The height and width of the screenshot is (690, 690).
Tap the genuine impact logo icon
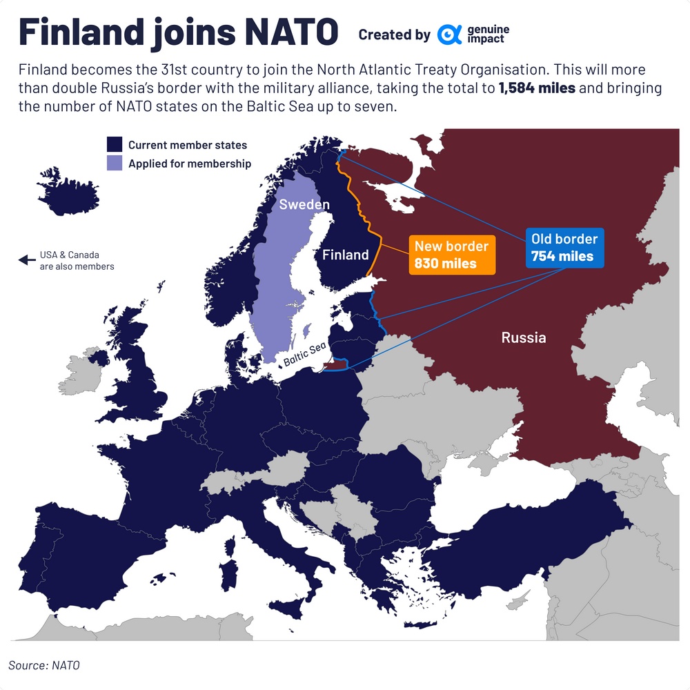pyautogui.click(x=449, y=34)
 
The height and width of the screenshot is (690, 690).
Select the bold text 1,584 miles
pyautogui.click(x=537, y=90)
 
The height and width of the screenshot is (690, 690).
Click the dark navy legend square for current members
pyautogui.click(x=114, y=145)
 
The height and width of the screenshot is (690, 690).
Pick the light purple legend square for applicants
pyautogui.click(x=114, y=164)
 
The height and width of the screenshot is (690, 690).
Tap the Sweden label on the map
pyautogui.click(x=304, y=205)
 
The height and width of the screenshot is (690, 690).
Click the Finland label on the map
pyautogui.click(x=346, y=255)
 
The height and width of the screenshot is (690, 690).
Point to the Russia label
pyautogui.click(x=524, y=337)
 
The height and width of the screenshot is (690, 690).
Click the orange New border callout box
pyautogui.click(x=452, y=255)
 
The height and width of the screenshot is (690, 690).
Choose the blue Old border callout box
pyautogui.click(x=564, y=248)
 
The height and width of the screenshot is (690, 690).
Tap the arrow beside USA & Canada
pyautogui.click(x=26, y=260)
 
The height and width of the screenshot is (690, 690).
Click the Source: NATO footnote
pyautogui.click(x=44, y=665)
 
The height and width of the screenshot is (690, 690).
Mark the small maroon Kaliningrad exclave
pyautogui.click(x=335, y=365)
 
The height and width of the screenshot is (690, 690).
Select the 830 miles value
pyautogui.click(x=445, y=263)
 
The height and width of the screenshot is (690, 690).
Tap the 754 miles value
pyautogui.click(x=562, y=256)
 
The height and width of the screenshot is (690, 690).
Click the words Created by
pyautogui.click(x=394, y=34)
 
